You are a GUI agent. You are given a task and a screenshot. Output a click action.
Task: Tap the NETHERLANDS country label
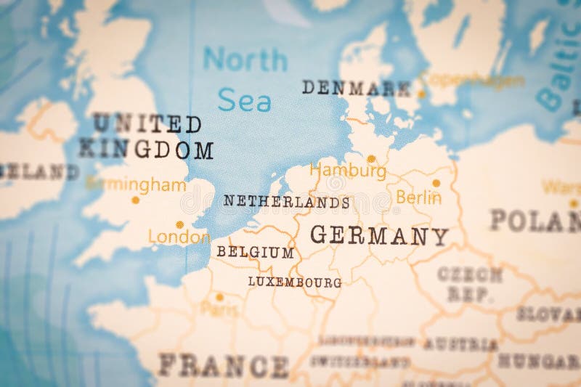286,202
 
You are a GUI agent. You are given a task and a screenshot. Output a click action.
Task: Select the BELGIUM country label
255,253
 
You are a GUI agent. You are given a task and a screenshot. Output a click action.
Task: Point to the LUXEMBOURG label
294,282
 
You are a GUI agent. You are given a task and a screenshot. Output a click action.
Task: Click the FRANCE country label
223,365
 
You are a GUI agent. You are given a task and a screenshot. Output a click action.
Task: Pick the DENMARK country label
356,89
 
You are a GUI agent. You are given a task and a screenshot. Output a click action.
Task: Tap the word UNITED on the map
147,123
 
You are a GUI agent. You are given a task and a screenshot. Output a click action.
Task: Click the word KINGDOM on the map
146,150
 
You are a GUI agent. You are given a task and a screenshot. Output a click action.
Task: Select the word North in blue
245,60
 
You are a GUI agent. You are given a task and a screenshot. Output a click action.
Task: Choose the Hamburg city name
348,171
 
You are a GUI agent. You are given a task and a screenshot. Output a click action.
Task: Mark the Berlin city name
418,197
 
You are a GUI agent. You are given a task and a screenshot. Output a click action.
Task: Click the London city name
179,237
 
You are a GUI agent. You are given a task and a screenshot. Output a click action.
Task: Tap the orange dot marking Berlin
436,183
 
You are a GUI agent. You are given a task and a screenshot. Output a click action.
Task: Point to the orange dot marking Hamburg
371,158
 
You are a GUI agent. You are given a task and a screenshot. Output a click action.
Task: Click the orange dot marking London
179,224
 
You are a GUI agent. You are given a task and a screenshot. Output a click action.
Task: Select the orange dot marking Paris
219,296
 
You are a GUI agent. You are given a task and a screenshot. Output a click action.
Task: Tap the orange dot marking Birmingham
135,200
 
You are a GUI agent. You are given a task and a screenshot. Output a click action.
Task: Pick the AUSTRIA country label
461,344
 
